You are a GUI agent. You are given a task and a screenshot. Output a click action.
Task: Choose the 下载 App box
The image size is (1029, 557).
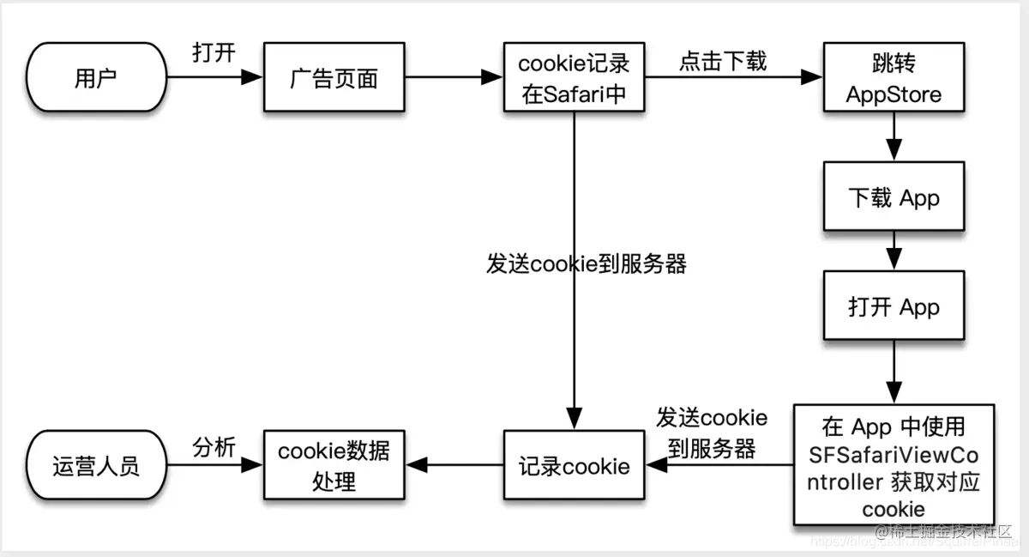(894, 198)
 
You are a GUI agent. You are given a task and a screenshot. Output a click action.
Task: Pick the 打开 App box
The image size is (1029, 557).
(894, 307)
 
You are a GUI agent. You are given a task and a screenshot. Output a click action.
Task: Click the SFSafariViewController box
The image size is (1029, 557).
(894, 464)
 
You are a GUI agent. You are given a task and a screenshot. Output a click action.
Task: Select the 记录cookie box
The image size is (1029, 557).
(575, 466)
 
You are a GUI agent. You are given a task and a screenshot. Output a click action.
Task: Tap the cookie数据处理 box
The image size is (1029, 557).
(334, 466)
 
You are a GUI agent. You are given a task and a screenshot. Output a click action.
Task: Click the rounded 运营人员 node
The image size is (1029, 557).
(96, 466)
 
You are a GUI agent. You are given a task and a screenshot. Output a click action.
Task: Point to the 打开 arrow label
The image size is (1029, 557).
(214, 53)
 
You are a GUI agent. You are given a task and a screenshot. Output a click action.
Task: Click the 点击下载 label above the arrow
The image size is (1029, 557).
(723, 61)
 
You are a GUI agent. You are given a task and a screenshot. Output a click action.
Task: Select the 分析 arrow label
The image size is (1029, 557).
(214, 446)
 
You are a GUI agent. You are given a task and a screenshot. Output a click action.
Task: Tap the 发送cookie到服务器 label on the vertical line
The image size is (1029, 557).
(587, 264)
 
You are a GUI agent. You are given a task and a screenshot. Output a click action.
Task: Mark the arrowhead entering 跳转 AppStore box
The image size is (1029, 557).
(812, 78)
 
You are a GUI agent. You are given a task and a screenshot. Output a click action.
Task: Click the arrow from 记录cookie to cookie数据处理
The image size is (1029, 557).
(454, 465)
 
